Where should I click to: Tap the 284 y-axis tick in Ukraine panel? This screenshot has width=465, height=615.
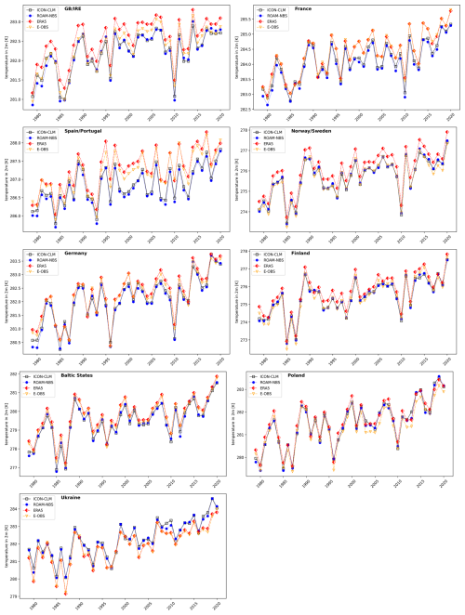point(22,509)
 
